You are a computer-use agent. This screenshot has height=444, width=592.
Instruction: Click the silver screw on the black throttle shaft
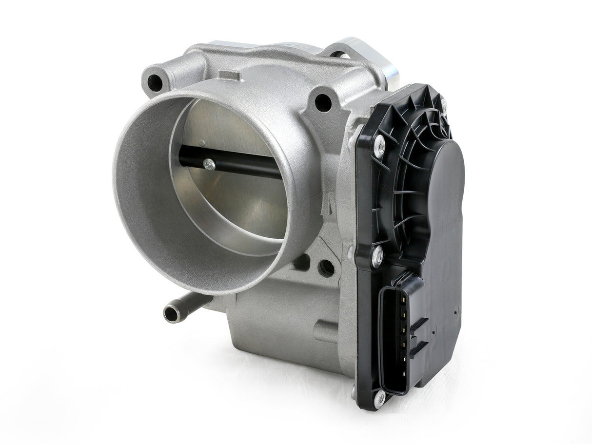click(x=209, y=164)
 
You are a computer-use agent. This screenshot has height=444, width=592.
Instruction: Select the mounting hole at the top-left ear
click(x=155, y=82)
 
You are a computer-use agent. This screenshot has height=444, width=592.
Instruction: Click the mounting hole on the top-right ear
click(x=323, y=103)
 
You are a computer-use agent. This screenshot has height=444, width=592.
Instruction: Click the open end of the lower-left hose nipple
click(x=171, y=314)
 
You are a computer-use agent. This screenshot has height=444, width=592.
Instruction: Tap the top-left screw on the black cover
click(x=378, y=145)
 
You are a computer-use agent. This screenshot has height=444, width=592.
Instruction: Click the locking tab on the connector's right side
click(x=418, y=336)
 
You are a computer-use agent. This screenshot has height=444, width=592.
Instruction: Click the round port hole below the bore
click(x=326, y=268)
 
